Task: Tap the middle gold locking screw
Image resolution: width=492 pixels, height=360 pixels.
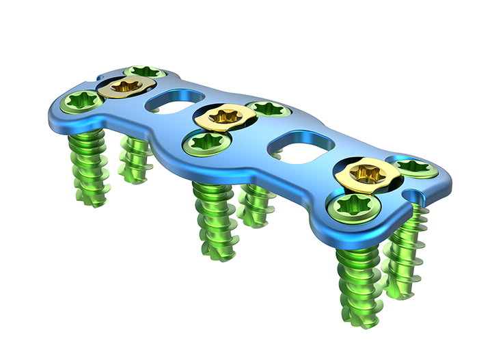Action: pos(219,116)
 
